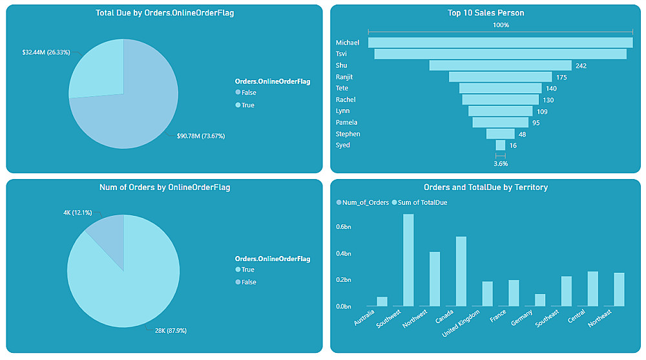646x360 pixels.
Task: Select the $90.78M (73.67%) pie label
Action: [201, 136]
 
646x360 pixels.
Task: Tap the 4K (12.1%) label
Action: [77, 213]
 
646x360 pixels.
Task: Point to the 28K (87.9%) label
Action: [170, 330]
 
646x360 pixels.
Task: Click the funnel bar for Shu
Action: [500, 65]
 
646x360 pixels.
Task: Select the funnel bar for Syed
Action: [500, 145]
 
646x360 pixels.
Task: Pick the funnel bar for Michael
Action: [500, 43]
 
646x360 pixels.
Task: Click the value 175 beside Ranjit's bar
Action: [561, 78]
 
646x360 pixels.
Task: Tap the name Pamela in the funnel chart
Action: [347, 123]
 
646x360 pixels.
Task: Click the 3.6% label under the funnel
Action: [501, 164]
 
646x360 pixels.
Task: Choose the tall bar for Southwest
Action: [408, 260]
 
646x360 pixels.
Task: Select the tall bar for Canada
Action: [461, 271]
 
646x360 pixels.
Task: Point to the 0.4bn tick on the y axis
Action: [343, 253]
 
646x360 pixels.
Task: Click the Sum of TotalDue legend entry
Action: [422, 202]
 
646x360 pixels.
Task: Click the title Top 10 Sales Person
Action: [486, 12]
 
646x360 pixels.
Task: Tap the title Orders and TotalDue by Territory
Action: [486, 187]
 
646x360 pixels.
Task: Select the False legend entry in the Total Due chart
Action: [248, 93]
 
